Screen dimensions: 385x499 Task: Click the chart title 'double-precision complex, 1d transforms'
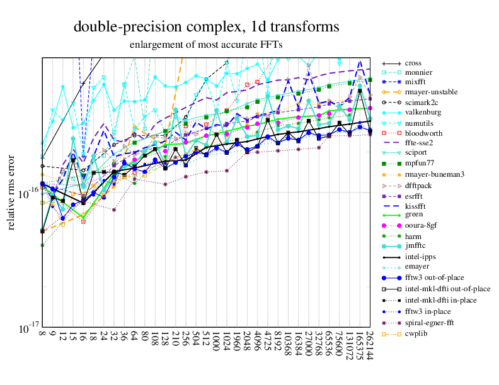pos(207,27)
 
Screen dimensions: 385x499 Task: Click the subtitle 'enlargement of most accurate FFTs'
pos(206,45)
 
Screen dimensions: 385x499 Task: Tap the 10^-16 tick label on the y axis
pos(26,194)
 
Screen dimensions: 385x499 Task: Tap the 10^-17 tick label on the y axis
pos(26,329)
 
